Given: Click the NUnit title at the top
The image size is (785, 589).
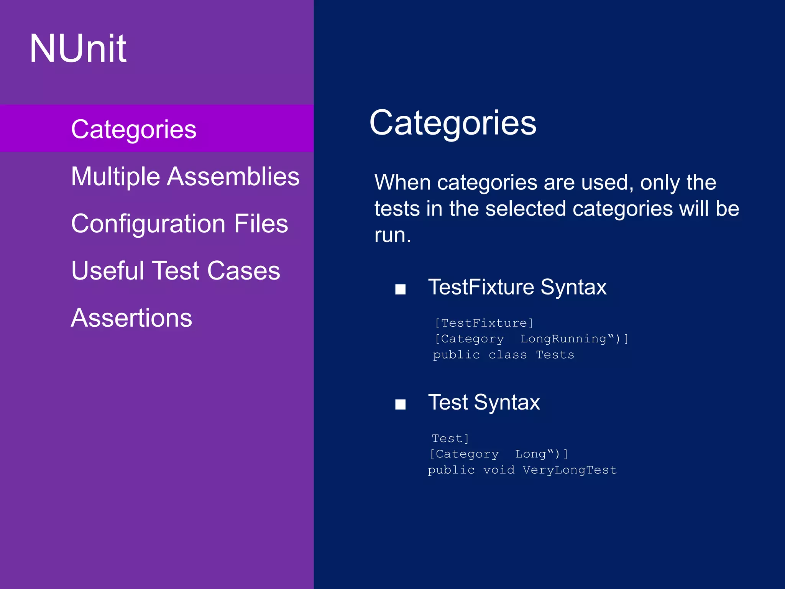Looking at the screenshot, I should [x=78, y=48].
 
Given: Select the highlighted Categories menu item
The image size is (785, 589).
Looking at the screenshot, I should [x=133, y=129].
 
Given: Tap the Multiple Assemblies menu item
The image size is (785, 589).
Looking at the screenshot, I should [x=185, y=176].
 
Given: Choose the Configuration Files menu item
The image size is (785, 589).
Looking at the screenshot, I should [x=179, y=224].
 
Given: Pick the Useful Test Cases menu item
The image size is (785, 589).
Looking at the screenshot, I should [x=176, y=271].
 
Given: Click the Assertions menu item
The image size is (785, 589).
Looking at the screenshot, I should [x=131, y=318].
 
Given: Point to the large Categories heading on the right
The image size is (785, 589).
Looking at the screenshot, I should [x=453, y=123].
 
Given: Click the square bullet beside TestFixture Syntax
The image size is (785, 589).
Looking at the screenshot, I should [x=400, y=289].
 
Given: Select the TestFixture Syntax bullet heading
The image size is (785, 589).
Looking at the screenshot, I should [x=517, y=287].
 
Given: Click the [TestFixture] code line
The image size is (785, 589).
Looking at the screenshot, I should [x=484, y=323].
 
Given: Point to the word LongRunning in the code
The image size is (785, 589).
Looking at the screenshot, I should [x=563, y=339].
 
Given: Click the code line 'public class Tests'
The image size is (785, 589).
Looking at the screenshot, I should [x=503, y=355].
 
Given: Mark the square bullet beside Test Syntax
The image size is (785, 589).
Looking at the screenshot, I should [x=400, y=404].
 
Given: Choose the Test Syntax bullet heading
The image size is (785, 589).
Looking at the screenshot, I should [x=484, y=402].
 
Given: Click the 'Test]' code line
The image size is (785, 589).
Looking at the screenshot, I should [x=450, y=438].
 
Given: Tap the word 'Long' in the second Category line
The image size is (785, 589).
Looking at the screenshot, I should [x=530, y=454].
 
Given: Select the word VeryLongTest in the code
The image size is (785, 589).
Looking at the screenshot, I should [x=570, y=470].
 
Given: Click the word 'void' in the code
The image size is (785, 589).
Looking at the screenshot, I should [x=499, y=470].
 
